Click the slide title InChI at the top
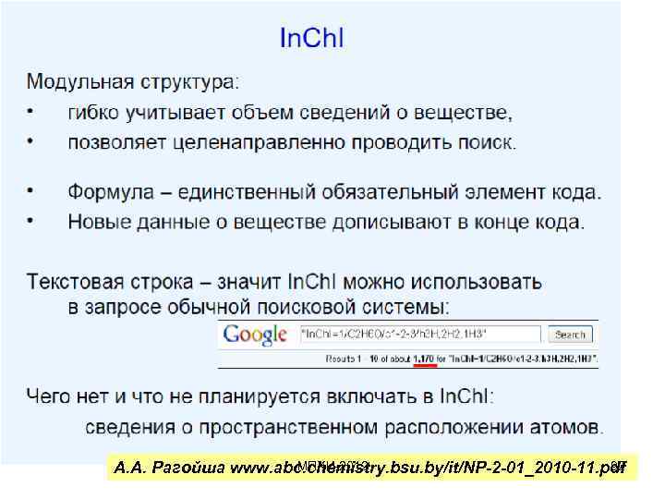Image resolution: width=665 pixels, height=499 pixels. coord(311,39)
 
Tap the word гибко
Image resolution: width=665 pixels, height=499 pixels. coord(95,113)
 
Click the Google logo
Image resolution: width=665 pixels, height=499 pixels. coord(255,335)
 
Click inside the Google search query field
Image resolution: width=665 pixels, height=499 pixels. coord(420,335)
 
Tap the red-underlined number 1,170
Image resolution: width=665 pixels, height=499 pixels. coord(426,357)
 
